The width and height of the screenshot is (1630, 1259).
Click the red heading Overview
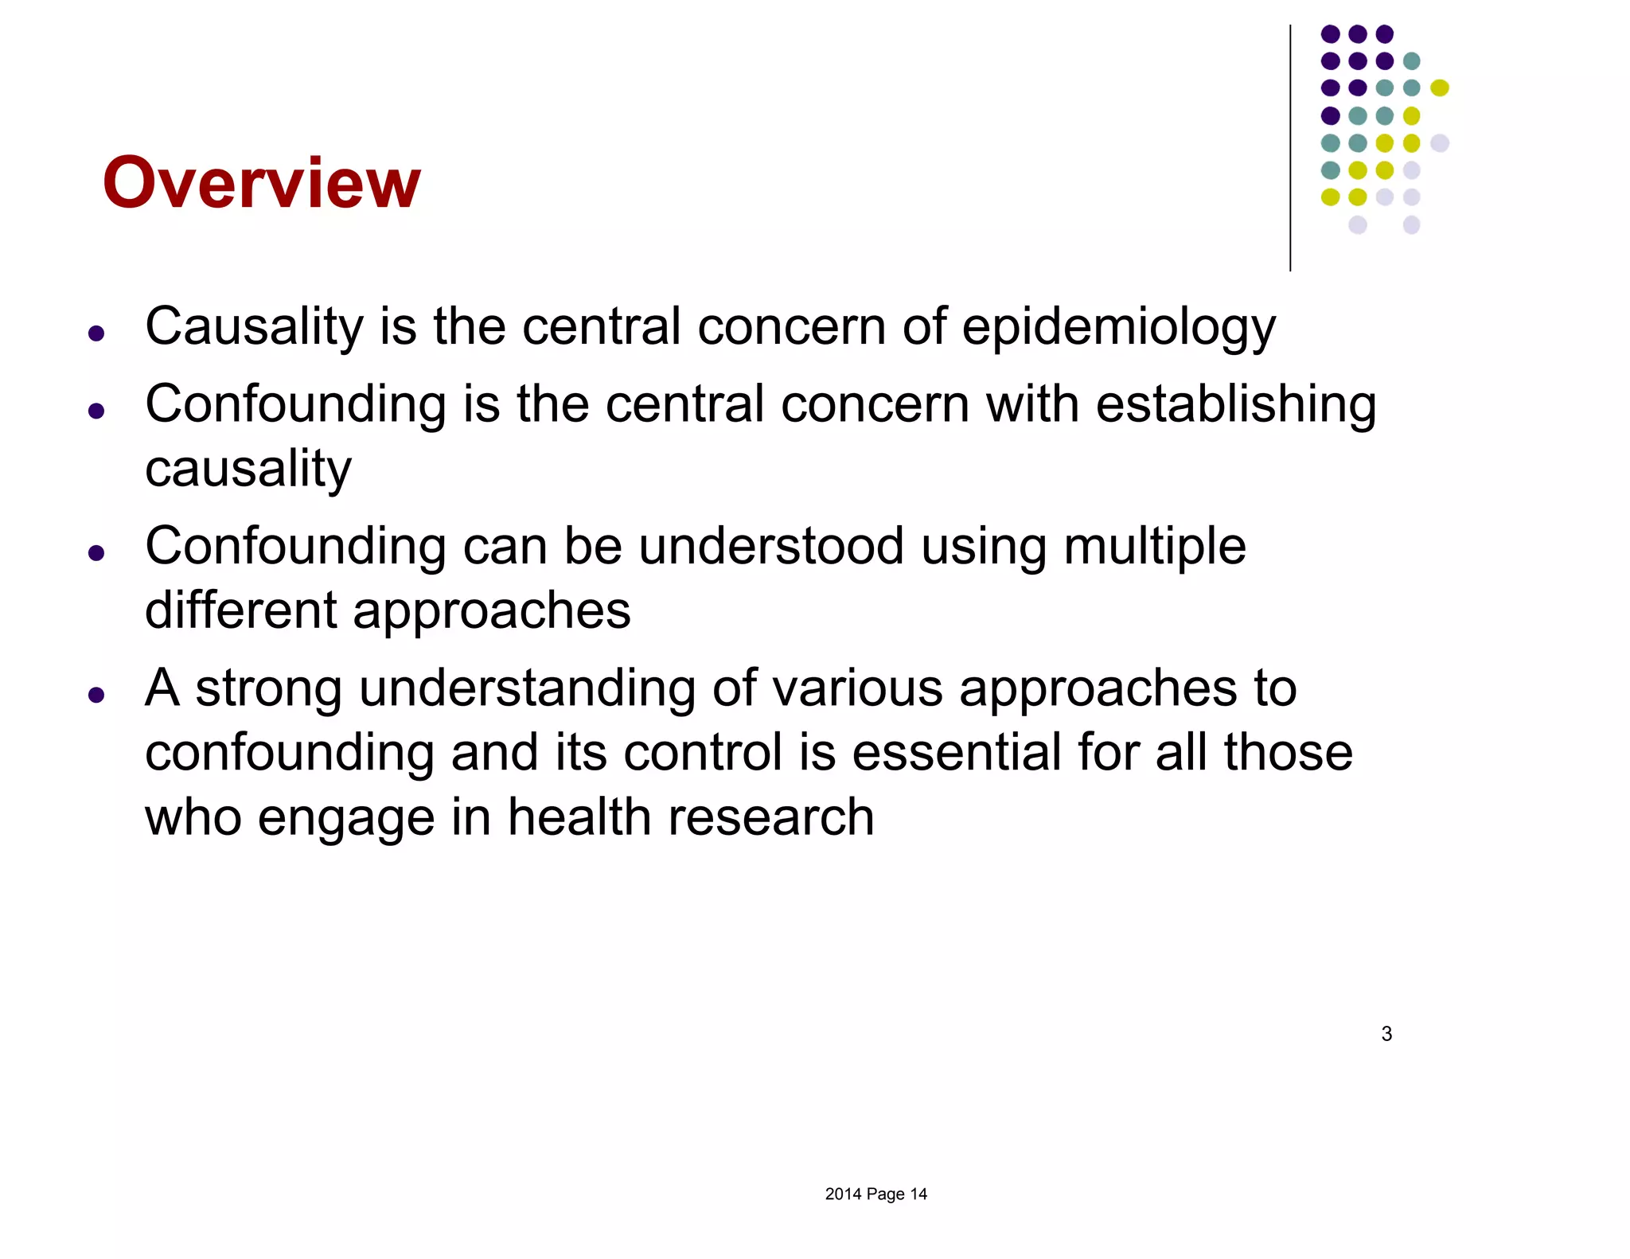click(x=261, y=183)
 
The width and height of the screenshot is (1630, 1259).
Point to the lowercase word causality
click(x=248, y=469)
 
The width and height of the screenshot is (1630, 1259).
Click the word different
click(x=240, y=610)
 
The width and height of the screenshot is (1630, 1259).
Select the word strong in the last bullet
click(x=268, y=688)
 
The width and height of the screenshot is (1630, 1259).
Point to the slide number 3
click(x=1386, y=1034)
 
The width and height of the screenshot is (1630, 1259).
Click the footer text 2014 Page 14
click(x=875, y=1194)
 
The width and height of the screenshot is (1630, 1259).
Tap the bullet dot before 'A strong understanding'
click(x=97, y=696)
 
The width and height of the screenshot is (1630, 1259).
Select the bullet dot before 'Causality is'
click(x=97, y=333)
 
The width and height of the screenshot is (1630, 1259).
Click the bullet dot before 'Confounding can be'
click(x=97, y=553)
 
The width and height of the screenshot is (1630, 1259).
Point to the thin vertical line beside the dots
click(x=1290, y=148)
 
